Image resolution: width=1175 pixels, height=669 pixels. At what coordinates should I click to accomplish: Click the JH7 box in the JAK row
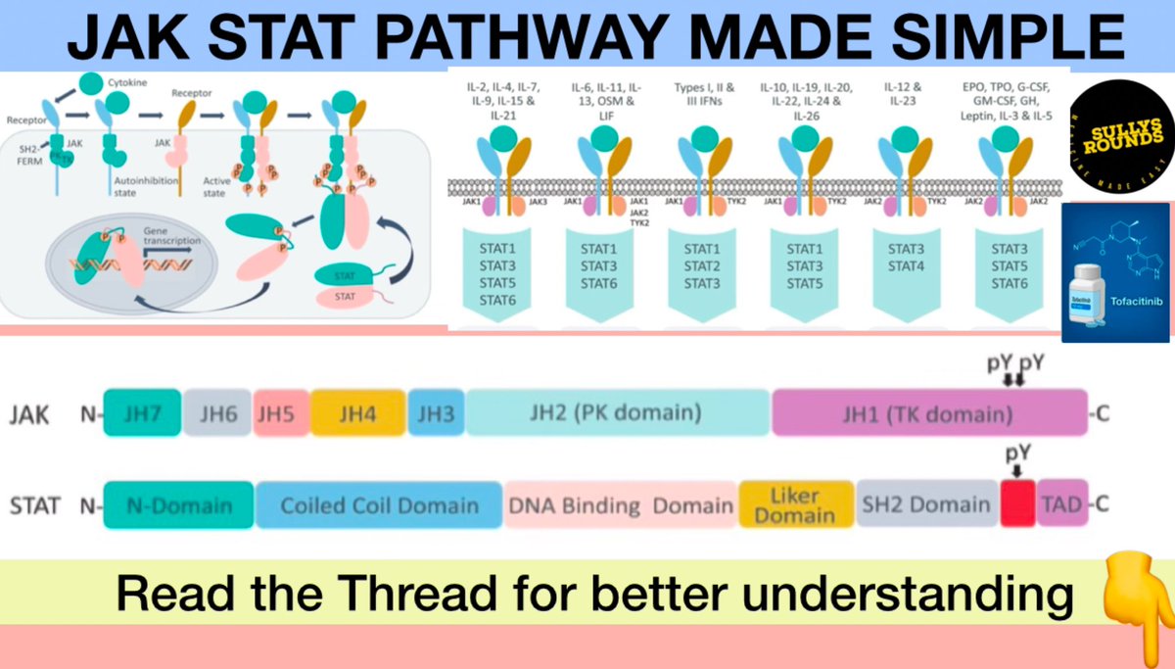[x=142, y=412]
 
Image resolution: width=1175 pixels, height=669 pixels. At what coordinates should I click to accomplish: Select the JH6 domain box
[x=216, y=412]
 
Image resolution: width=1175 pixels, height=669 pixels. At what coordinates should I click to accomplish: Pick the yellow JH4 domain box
[x=357, y=412]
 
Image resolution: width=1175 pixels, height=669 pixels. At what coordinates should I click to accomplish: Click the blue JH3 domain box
[x=436, y=412]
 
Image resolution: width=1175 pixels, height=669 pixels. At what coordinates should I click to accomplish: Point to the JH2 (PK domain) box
[x=617, y=412]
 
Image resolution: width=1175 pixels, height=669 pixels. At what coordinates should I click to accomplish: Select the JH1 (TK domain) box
[x=928, y=412]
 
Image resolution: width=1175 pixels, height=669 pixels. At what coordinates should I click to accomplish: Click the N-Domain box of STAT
[x=179, y=505]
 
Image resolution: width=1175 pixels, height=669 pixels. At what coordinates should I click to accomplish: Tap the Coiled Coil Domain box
[x=379, y=505]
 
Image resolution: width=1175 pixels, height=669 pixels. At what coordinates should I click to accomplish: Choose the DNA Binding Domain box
[x=621, y=505]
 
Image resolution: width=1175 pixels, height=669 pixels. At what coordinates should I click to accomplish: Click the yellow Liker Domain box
[x=795, y=504]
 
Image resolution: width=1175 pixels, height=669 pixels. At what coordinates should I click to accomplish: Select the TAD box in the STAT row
[x=1060, y=505]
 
